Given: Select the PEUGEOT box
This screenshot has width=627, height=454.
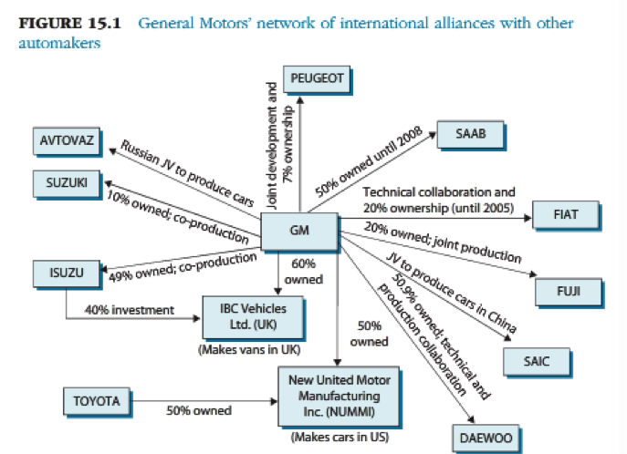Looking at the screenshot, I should (x=317, y=79).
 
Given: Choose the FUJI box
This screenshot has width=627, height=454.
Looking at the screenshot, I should (x=569, y=293).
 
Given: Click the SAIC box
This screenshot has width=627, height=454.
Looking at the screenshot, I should (x=537, y=361).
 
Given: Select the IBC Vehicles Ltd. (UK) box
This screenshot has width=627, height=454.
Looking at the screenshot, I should (x=248, y=316).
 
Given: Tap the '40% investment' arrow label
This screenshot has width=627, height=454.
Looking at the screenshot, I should (x=129, y=310).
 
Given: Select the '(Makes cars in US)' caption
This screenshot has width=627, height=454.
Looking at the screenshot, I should (x=340, y=437).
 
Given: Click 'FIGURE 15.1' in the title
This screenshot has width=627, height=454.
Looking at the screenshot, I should (x=72, y=22).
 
